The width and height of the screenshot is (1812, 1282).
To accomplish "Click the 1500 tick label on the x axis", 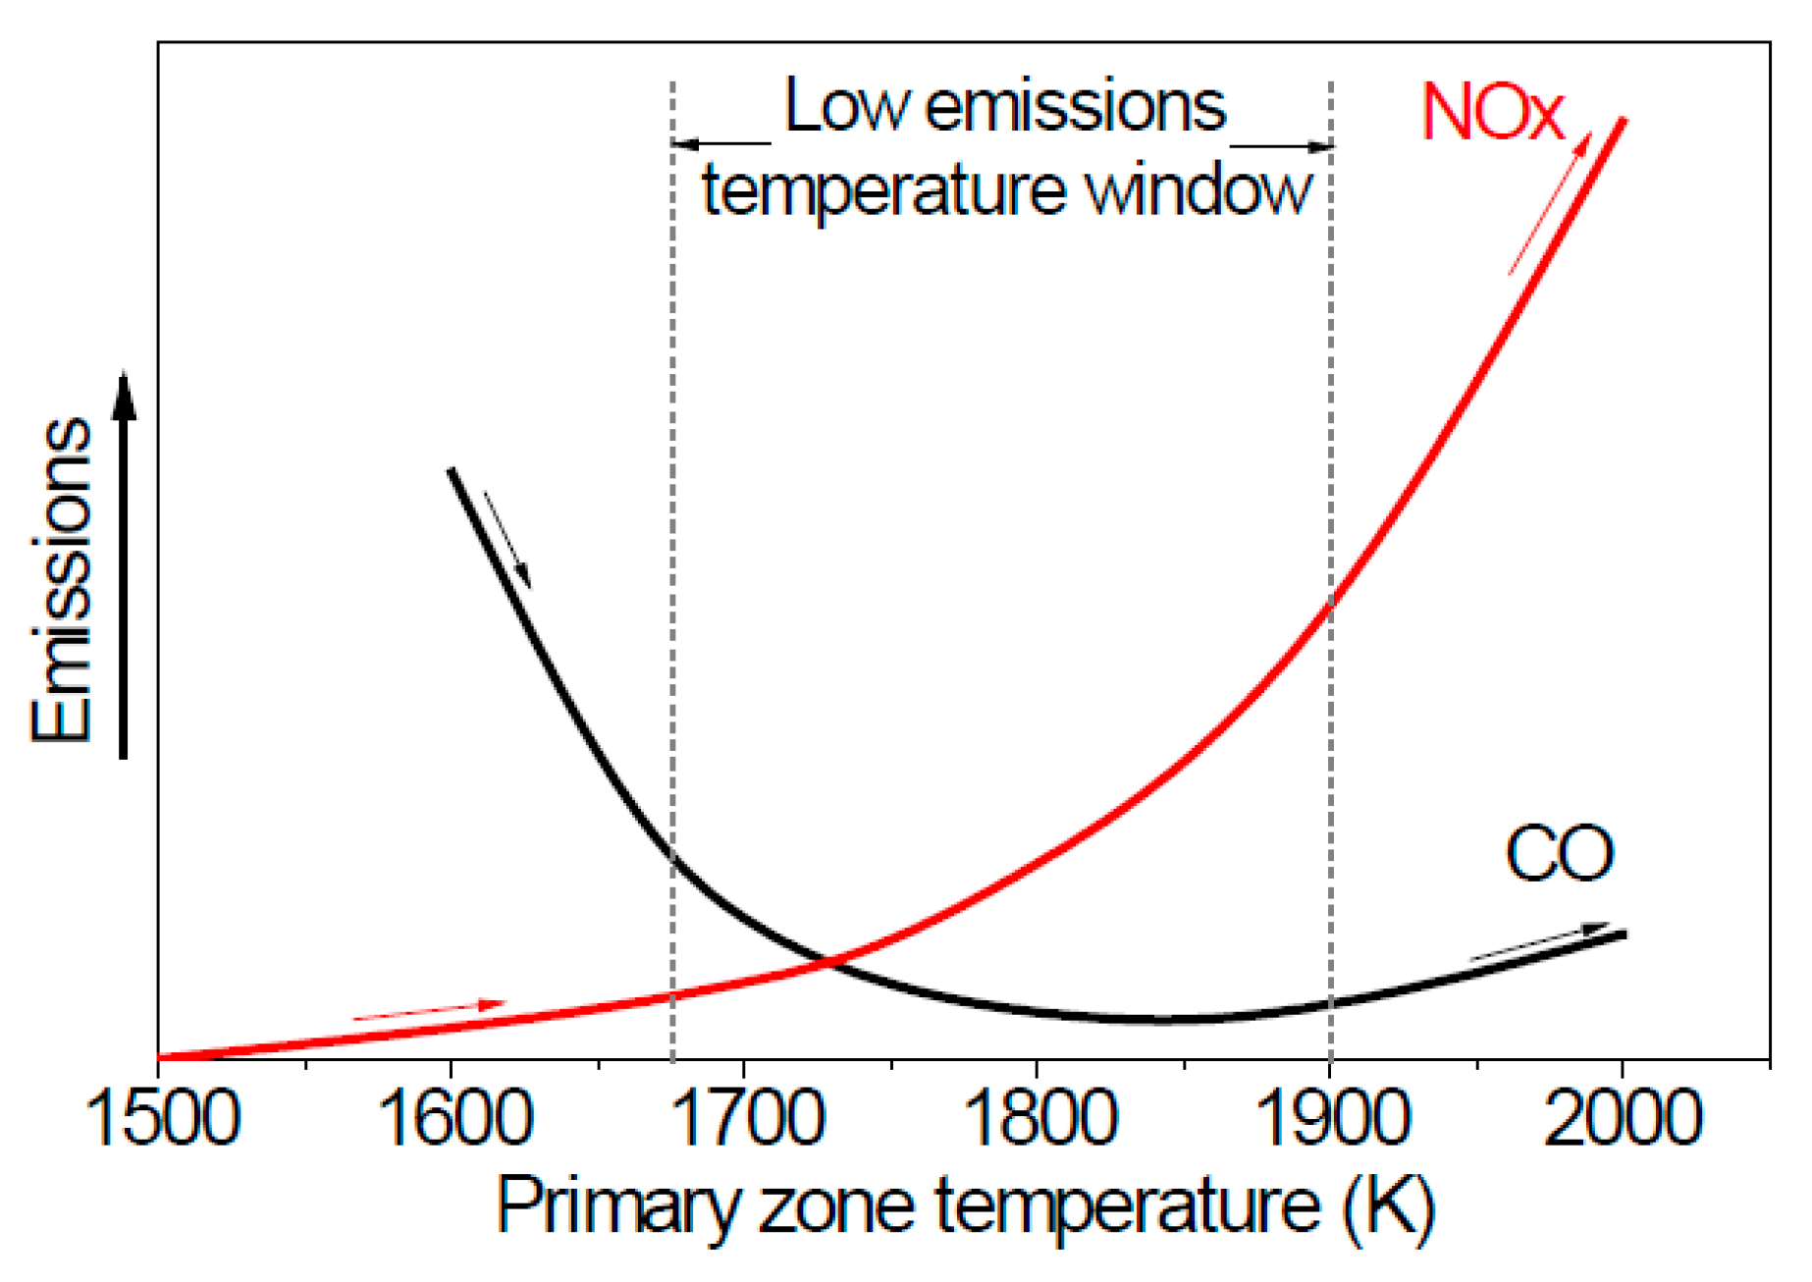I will tap(163, 1118).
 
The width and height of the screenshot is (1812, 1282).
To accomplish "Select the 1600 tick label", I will tap(454, 1118).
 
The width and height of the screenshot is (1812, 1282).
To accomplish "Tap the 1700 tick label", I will tap(748, 1118).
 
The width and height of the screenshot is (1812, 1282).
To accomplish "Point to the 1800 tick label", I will tap(1039, 1118).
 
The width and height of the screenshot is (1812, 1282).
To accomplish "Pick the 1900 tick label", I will tap(1332, 1118).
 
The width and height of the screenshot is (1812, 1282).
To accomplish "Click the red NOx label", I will tap(1491, 113).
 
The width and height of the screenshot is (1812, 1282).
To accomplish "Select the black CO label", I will tap(1559, 854).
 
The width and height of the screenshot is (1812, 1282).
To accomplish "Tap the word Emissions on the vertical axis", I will tap(61, 579).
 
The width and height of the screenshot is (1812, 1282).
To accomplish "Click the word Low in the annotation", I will tap(846, 106).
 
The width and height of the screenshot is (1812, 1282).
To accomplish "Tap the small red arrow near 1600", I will tap(429, 1010).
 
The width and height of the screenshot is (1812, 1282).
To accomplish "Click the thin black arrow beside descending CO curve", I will tap(508, 540).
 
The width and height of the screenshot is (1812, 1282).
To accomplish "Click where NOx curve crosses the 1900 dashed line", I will tap(1331, 605).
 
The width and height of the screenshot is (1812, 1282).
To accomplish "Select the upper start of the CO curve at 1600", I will tap(452, 471).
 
